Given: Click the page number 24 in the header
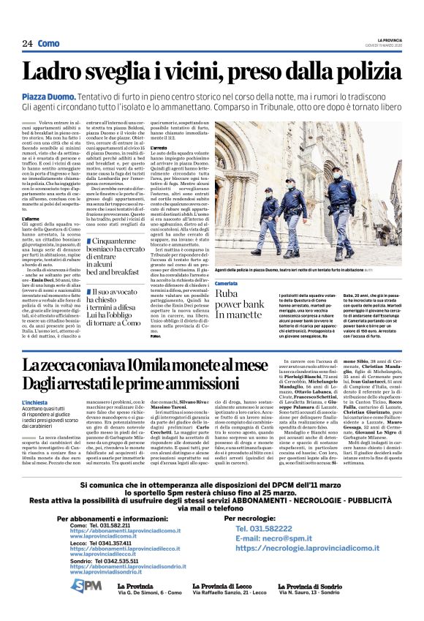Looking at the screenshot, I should pyautogui.click(x=27, y=44).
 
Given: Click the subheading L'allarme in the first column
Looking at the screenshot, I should pyautogui.click(x=31, y=219).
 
